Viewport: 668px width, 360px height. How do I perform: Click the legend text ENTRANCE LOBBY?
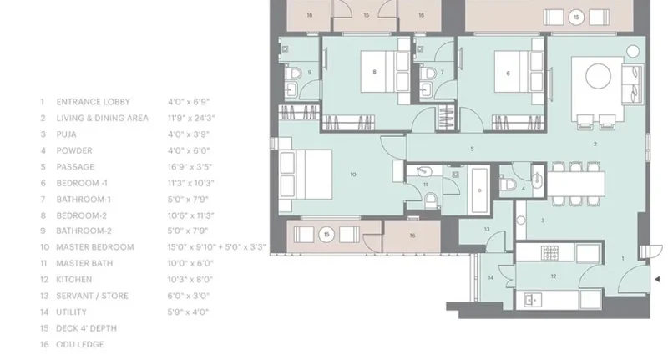[93, 102]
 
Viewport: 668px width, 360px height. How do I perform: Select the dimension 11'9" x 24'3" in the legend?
[191, 118]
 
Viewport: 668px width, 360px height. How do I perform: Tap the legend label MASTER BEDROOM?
[95, 247]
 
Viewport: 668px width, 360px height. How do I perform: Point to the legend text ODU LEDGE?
[80, 345]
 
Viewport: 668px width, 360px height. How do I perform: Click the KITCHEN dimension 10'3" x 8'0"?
[190, 280]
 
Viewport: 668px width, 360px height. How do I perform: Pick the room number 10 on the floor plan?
[353, 175]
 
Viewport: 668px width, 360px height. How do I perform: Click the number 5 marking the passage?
[472, 149]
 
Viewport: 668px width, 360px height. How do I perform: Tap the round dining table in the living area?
[598, 76]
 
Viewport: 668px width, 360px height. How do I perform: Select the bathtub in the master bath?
[479, 190]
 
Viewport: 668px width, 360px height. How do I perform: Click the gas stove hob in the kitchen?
[550, 253]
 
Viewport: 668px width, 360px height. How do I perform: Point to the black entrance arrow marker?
[657, 279]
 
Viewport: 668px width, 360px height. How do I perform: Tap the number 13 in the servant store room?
[487, 229]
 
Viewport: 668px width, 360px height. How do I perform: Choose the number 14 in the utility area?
[490, 278]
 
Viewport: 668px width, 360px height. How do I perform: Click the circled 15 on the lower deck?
[326, 235]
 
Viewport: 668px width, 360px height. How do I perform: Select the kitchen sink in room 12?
[531, 300]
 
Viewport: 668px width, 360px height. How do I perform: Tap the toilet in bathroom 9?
[293, 74]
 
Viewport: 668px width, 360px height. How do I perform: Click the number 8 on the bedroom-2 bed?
[374, 72]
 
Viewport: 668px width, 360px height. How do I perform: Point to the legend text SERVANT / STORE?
[92, 296]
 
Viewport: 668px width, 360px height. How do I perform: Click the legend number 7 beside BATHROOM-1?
[43, 200]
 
